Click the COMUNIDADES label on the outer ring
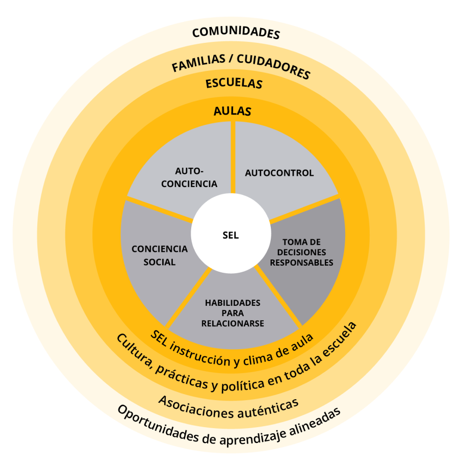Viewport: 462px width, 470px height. coord(236,33)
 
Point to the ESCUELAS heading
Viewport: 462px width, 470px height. coord(234,83)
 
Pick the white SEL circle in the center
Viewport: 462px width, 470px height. coord(230,236)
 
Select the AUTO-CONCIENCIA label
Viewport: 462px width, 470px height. coord(189,177)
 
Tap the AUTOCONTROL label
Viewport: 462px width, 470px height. coord(279,173)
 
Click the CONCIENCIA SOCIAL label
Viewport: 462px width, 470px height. coord(160,255)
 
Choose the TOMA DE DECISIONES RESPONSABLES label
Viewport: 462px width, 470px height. coord(301,252)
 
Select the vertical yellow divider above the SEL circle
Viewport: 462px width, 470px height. coord(233,155)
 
